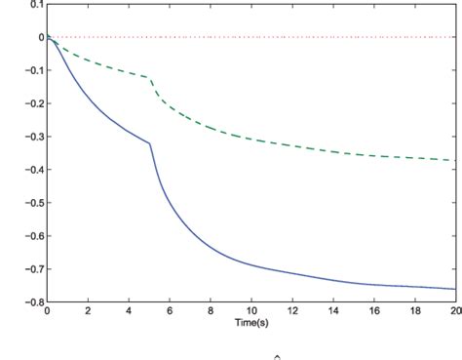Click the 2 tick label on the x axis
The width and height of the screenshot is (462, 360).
pos(88,311)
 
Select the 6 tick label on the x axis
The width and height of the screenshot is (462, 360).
pos(170,311)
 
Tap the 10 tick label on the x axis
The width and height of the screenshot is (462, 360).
pos(251,311)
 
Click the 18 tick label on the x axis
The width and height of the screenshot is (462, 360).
pos(415,311)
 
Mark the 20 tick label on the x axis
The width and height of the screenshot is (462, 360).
pos(453,311)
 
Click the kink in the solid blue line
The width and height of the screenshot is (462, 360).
pos(150,144)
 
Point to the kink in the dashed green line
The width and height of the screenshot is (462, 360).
pos(150,78)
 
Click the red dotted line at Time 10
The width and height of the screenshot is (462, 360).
pos(251,37)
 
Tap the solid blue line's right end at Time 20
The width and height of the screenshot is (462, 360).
pos(456,290)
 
